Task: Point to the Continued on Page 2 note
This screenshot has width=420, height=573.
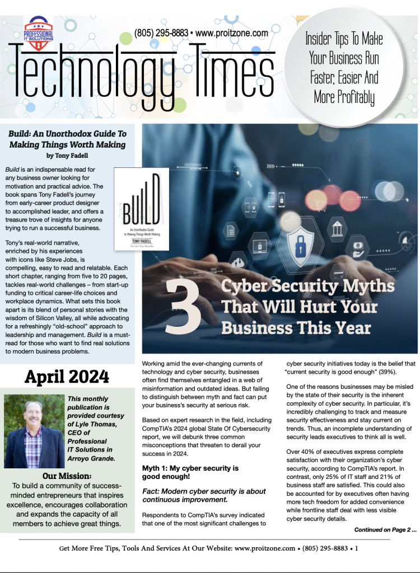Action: pos(385,529)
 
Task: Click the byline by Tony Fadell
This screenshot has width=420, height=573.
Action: pos(67,156)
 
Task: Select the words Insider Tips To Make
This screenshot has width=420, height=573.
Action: pos(344,40)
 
